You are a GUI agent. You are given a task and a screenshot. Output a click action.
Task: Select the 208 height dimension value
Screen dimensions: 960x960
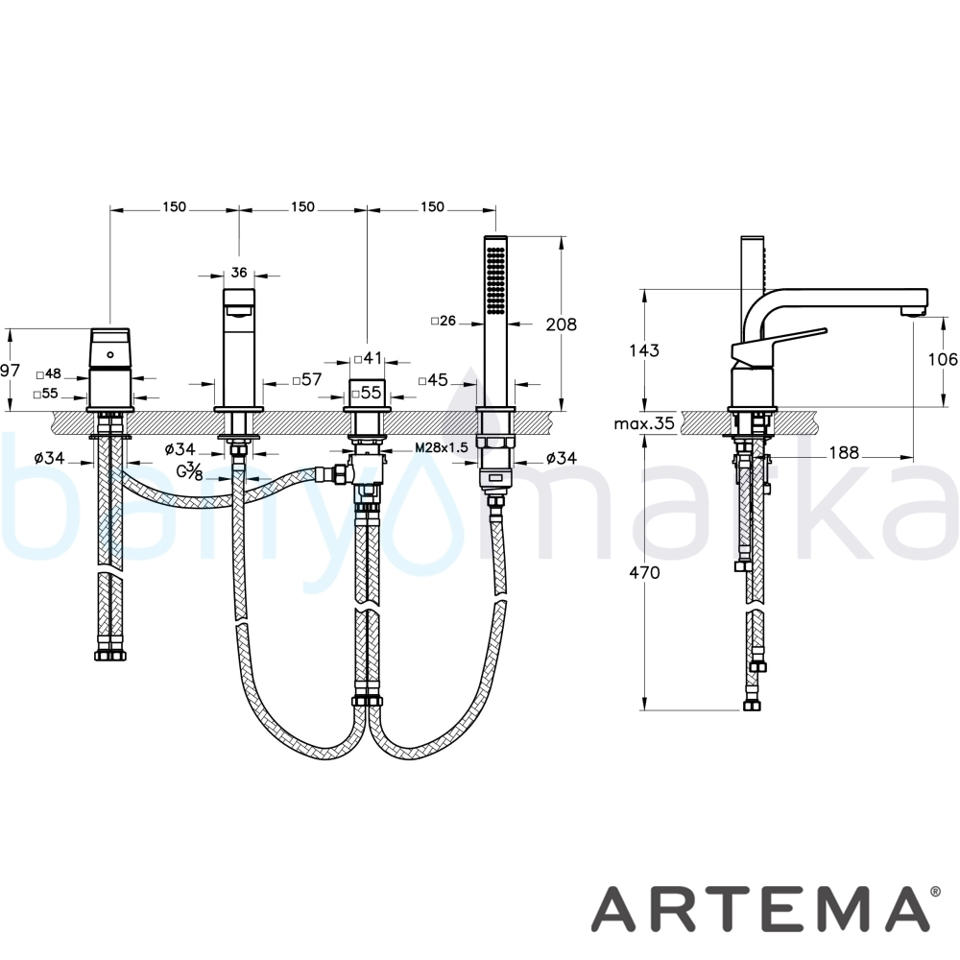pyautogui.click(x=561, y=324)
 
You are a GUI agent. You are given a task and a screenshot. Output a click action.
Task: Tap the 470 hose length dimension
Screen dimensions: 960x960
pyautogui.click(x=645, y=572)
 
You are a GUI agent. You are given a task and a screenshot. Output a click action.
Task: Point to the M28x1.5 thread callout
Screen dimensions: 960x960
pyautogui.click(x=441, y=447)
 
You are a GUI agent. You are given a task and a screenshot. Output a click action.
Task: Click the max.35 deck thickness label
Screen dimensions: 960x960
pyautogui.click(x=644, y=422)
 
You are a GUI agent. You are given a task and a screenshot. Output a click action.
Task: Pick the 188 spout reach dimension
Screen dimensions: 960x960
pyautogui.click(x=844, y=452)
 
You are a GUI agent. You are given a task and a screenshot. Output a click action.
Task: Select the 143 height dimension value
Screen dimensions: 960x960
pyautogui.click(x=644, y=350)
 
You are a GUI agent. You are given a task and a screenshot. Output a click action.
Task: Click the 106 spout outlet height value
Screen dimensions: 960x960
pyautogui.click(x=943, y=359)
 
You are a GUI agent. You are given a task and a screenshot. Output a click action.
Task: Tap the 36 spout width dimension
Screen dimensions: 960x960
pyautogui.click(x=239, y=272)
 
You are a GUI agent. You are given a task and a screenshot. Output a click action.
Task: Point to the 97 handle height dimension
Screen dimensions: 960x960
pyautogui.click(x=11, y=370)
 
